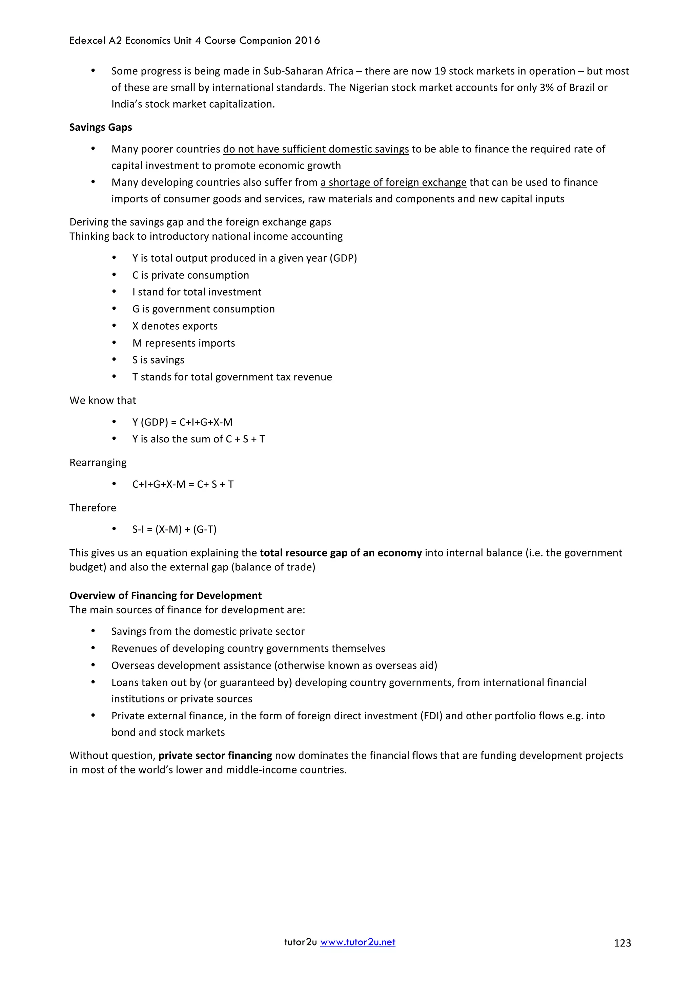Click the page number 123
click(622, 943)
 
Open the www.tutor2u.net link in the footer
click(358, 942)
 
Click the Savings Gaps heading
click(101, 127)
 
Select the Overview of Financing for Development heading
click(165, 596)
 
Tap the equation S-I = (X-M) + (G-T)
click(175, 529)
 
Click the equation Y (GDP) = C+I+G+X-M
click(183, 422)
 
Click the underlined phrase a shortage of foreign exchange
click(393, 182)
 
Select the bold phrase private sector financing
click(215, 756)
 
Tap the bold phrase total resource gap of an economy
click(341, 553)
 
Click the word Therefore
click(93, 507)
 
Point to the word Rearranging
click(98, 463)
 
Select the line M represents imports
click(183, 343)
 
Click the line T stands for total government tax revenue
click(232, 377)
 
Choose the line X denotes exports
click(175, 326)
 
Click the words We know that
click(103, 400)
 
